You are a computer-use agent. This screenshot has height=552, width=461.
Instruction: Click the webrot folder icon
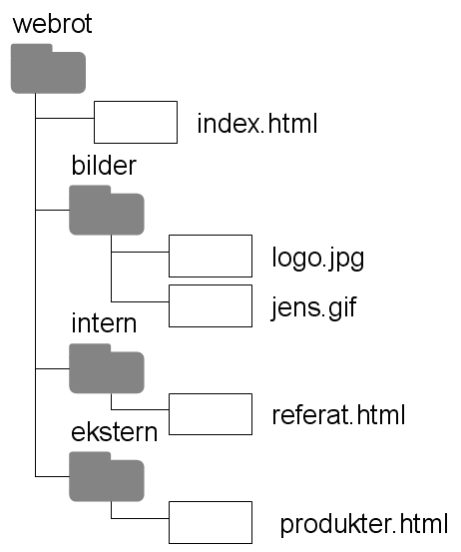click(48, 69)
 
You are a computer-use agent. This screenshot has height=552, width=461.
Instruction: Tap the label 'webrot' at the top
click(53, 24)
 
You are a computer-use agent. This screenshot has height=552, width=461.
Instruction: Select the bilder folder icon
click(107, 211)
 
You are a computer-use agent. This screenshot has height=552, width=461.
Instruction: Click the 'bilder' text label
click(104, 165)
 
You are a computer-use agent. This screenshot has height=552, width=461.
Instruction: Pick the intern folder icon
click(107, 368)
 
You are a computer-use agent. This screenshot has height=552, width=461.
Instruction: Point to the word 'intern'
click(104, 323)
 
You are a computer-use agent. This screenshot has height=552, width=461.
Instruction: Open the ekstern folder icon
click(107, 477)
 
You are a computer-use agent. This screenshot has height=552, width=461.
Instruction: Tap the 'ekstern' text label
click(114, 431)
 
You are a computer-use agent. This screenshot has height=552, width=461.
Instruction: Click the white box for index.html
click(136, 122)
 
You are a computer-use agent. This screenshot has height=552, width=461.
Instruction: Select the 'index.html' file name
click(257, 124)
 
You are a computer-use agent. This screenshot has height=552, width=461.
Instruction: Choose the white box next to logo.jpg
click(211, 256)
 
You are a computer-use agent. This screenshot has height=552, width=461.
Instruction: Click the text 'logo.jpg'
click(318, 259)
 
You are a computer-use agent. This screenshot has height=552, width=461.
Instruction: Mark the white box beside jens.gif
click(211, 305)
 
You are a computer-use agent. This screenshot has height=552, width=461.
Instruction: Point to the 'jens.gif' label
click(314, 308)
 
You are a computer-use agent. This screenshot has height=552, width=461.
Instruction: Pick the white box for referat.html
click(211, 414)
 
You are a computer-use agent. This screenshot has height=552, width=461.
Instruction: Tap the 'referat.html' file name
click(338, 414)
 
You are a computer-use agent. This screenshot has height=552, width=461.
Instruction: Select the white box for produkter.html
click(211, 522)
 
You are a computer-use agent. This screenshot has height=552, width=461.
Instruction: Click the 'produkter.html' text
click(364, 524)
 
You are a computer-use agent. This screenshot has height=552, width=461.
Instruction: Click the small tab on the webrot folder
click(32, 48)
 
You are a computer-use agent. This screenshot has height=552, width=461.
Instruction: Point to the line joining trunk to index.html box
click(65, 118)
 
